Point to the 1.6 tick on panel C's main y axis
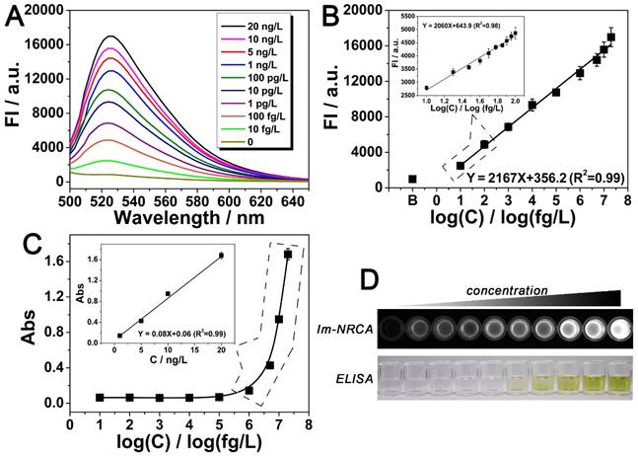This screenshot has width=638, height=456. [53, 261]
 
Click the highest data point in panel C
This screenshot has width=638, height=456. [288, 254]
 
